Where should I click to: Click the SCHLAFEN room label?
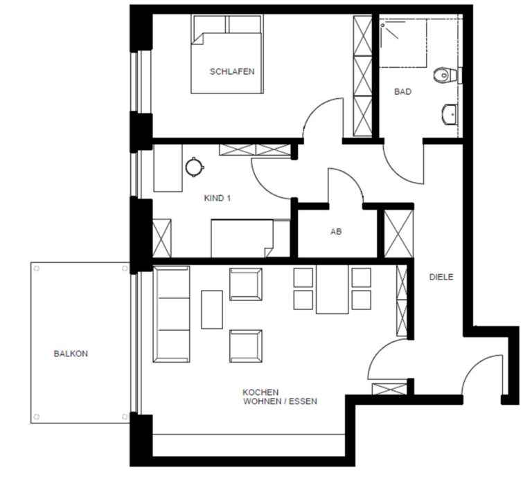point(232,71)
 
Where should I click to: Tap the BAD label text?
point(402,91)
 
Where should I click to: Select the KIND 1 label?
point(217,198)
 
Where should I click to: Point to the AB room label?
point(336,232)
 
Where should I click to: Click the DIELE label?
point(441,277)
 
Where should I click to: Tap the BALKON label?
point(71,354)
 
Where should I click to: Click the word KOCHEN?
point(260,392)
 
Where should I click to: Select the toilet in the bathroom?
point(445,75)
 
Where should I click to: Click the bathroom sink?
point(450,115)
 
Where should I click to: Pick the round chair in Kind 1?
point(195,167)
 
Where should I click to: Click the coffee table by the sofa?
point(212,309)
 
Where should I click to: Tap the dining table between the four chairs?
point(332,289)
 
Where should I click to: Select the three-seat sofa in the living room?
point(171,314)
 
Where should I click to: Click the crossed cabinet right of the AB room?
point(399,234)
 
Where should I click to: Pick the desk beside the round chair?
point(168,168)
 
